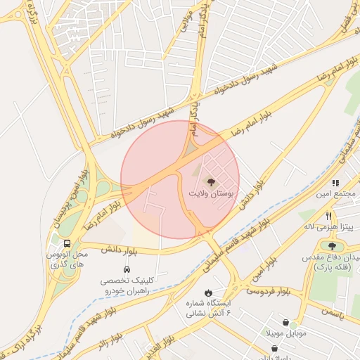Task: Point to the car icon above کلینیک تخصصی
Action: (x=127, y=269)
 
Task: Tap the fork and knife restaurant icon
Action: (x=328, y=216)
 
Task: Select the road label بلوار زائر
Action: (x=113, y=344)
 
